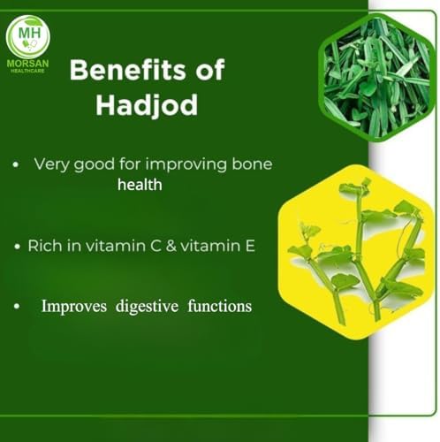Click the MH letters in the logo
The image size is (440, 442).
point(29,33)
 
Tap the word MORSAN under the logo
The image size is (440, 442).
point(27,64)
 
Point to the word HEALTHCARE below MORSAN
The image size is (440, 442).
point(27,71)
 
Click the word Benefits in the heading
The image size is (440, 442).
point(127,70)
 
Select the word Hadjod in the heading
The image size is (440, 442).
point(147,105)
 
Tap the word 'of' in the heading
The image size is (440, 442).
point(210,70)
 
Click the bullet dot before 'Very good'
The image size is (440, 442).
point(16,164)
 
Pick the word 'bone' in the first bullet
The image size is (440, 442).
point(252,164)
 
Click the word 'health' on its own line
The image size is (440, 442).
point(140,185)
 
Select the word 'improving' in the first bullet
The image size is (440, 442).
point(186,164)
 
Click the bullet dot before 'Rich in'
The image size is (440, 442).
point(18,247)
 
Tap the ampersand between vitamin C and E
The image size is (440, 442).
point(171,246)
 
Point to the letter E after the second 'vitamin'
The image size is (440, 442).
point(250,246)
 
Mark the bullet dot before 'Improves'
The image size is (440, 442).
point(17,307)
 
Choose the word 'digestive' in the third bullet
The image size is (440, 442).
point(147,307)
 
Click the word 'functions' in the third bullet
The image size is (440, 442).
point(220,306)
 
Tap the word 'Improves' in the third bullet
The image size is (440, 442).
point(74,307)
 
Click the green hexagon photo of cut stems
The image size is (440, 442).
point(376,77)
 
